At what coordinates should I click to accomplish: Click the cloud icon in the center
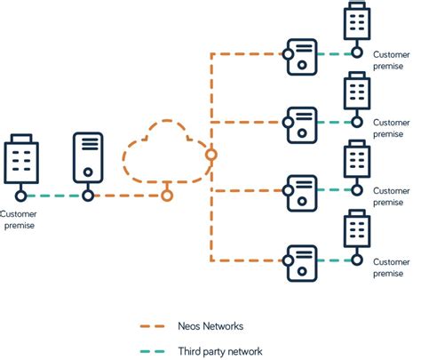click(x=166, y=154)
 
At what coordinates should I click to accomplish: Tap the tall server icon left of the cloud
click(x=87, y=156)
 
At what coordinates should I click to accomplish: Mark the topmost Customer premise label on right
click(x=391, y=59)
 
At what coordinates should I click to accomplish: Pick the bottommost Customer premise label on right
click(x=391, y=268)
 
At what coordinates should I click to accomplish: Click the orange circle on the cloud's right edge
click(x=210, y=154)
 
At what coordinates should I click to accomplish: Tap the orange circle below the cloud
click(x=166, y=196)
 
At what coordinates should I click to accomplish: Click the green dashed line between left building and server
click(x=53, y=196)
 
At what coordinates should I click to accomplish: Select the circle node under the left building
click(x=20, y=196)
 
